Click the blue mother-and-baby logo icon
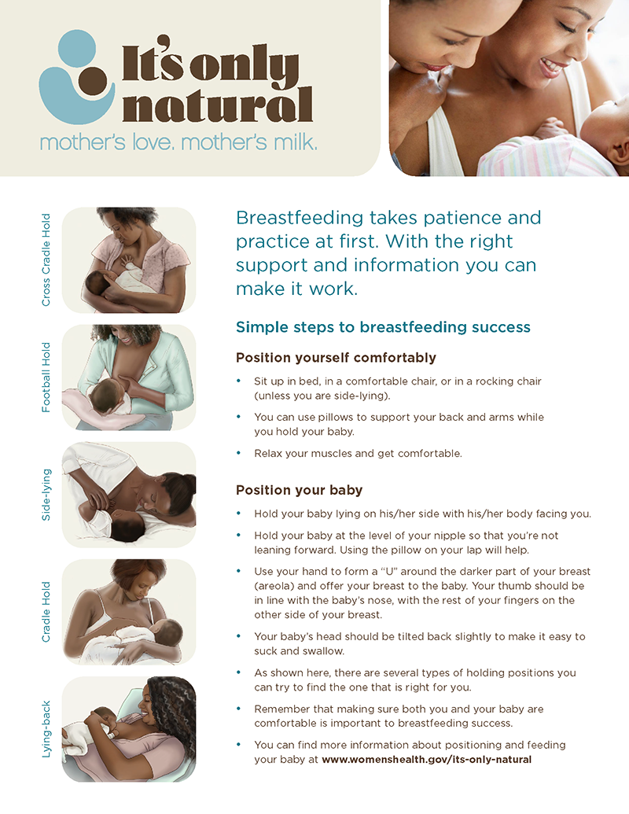pyautogui.click(x=78, y=83)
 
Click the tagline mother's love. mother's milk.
pyautogui.click(x=178, y=143)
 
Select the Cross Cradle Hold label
pyautogui.click(x=46, y=260)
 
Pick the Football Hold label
pyautogui.click(x=46, y=377)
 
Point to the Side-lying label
pyautogui.click(x=46, y=495)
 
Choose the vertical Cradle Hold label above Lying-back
pyautogui.click(x=46, y=612)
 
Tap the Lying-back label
pyautogui.click(x=46, y=729)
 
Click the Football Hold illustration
pyautogui.click(x=129, y=378)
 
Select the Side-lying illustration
pyautogui.click(x=129, y=495)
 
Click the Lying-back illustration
pyautogui.click(x=129, y=729)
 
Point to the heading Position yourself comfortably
pyautogui.click(x=336, y=358)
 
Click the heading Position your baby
pyautogui.click(x=299, y=490)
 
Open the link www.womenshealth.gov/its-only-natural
pyautogui.click(x=426, y=760)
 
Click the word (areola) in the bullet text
pyautogui.click(x=273, y=586)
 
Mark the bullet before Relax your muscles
pyautogui.click(x=239, y=454)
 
